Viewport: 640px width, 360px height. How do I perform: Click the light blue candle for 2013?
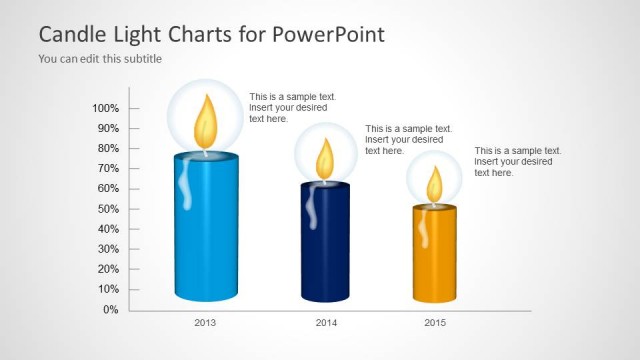(x=205, y=230)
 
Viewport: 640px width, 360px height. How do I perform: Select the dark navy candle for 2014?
(x=325, y=245)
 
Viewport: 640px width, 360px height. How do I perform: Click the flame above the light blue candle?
(x=205, y=120)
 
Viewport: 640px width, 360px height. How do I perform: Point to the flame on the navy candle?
(x=325, y=158)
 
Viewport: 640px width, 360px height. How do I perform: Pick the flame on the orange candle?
(x=435, y=184)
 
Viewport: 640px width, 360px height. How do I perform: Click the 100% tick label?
(x=105, y=108)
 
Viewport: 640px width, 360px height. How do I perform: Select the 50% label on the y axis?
(x=107, y=209)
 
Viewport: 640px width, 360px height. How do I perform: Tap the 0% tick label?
(x=110, y=310)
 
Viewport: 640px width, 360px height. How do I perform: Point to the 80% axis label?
(x=107, y=148)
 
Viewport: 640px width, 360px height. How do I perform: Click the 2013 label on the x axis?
(x=205, y=323)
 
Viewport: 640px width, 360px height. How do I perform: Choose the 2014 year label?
(x=326, y=323)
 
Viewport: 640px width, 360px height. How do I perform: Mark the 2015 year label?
(x=435, y=323)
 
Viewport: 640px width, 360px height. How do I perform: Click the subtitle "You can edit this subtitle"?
(x=100, y=59)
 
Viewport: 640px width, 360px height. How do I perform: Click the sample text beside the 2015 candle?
(x=517, y=161)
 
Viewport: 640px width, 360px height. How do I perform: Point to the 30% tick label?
(x=107, y=249)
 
